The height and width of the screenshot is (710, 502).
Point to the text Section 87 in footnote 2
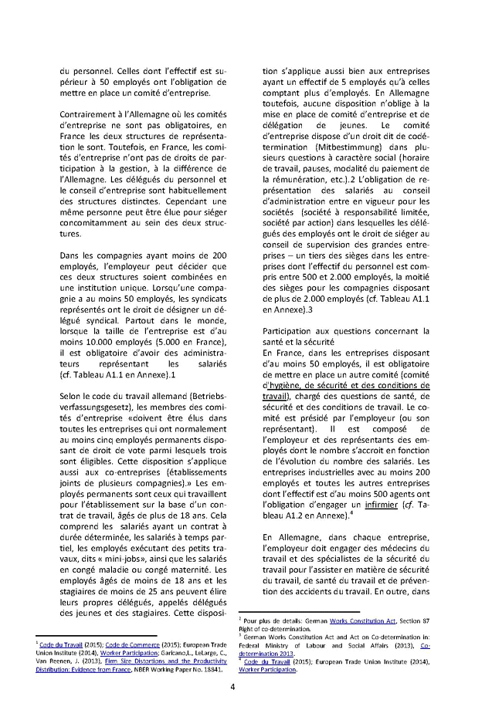(x=431, y=620)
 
